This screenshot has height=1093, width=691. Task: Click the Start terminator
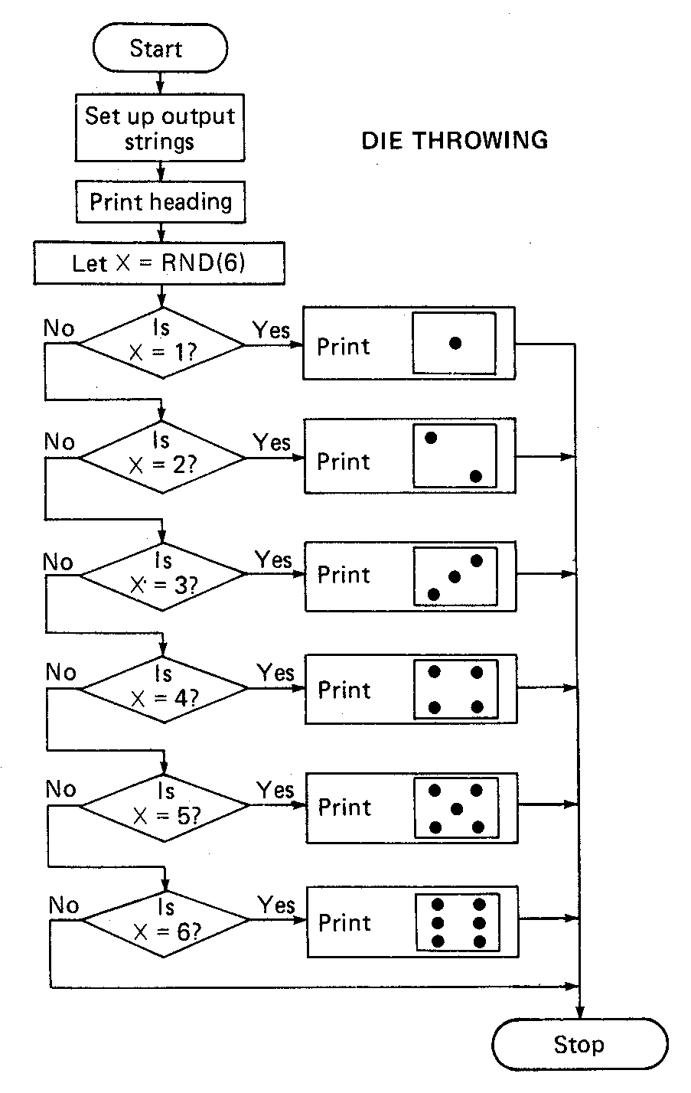[x=159, y=49]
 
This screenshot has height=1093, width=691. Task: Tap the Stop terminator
[x=579, y=1045]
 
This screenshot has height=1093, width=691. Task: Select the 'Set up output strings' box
[x=160, y=129]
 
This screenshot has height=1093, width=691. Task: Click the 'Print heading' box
[x=161, y=202]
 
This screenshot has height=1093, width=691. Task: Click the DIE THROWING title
[x=455, y=141]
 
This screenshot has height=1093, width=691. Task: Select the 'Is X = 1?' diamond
[x=162, y=343]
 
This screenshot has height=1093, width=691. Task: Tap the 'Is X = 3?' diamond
[x=163, y=575]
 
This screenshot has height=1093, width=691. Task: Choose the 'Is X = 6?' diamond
[x=165, y=919]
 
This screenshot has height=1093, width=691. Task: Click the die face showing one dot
[x=455, y=343]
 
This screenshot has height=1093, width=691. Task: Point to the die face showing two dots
[x=455, y=456]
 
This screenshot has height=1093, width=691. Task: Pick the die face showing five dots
[x=456, y=808]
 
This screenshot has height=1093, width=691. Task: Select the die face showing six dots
[x=458, y=922]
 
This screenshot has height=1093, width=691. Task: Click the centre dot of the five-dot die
[x=457, y=808]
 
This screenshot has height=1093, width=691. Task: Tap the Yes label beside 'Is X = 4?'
[x=275, y=673]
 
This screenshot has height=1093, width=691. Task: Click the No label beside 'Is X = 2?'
[x=60, y=442]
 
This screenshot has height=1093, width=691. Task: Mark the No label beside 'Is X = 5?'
[x=61, y=789]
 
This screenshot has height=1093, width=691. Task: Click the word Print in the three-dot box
[x=344, y=575]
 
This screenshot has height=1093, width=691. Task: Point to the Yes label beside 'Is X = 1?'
[x=272, y=330]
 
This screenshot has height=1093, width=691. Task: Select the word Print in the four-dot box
[x=344, y=690]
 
